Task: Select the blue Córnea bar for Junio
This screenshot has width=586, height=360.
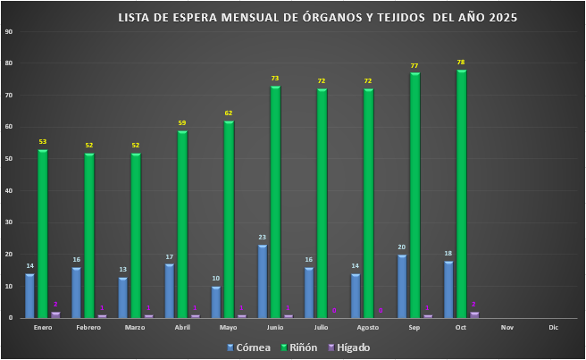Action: [x=263, y=281]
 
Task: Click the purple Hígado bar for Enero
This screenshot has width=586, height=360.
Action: [x=55, y=314]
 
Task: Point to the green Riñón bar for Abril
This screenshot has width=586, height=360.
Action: [x=182, y=224]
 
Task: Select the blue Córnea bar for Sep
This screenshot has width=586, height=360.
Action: [x=402, y=286]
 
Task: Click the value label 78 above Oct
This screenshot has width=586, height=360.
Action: [x=461, y=63]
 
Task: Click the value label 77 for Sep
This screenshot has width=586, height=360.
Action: [x=414, y=66]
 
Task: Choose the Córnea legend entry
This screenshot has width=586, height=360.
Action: [x=248, y=347]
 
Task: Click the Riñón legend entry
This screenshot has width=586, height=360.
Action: [x=297, y=347]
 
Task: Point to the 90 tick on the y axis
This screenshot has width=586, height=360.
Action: [x=9, y=32]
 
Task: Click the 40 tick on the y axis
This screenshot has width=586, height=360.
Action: [x=9, y=191]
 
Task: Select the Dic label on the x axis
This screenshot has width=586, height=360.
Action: [x=554, y=328]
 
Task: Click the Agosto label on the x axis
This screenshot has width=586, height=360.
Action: [x=368, y=328]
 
